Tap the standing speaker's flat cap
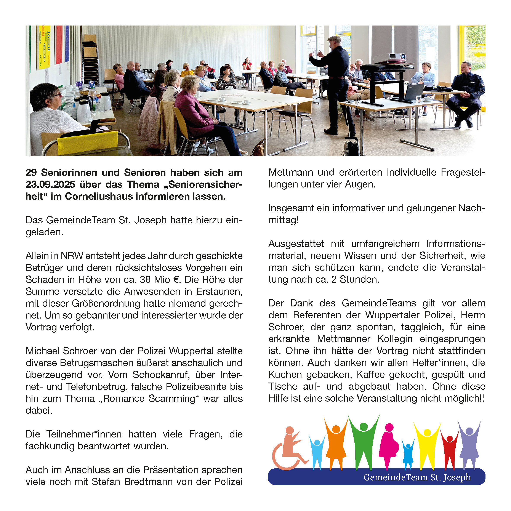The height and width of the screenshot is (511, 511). (x=334, y=39)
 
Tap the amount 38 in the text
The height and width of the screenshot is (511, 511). (x=145, y=280)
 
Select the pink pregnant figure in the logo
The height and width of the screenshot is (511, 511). (x=389, y=444)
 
